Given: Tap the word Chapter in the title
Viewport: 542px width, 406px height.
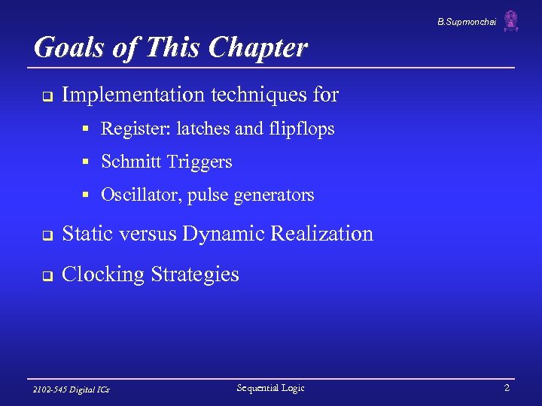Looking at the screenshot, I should pyautogui.click(x=258, y=48).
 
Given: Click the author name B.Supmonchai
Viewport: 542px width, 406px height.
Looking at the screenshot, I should pyautogui.click(x=467, y=23).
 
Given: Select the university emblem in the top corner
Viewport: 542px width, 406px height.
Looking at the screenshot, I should pyautogui.click(x=511, y=21).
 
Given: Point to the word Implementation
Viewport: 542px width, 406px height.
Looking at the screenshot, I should pyautogui.click(x=132, y=95).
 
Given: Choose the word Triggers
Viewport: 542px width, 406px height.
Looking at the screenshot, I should pyautogui.click(x=202, y=162).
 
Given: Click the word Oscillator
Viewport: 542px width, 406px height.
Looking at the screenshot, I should pyautogui.click(x=141, y=195).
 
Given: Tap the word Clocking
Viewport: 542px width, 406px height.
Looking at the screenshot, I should pyautogui.click(x=104, y=274).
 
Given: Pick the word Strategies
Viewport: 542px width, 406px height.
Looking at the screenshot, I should pyautogui.click(x=195, y=274).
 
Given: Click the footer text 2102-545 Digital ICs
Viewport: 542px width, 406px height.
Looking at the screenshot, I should pyautogui.click(x=72, y=389).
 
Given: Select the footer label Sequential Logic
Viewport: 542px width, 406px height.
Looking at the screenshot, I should pyautogui.click(x=270, y=388).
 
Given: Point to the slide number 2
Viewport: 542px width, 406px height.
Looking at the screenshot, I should pyautogui.click(x=507, y=388).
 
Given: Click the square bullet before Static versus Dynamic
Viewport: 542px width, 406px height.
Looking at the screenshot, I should pyautogui.click(x=46, y=235).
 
